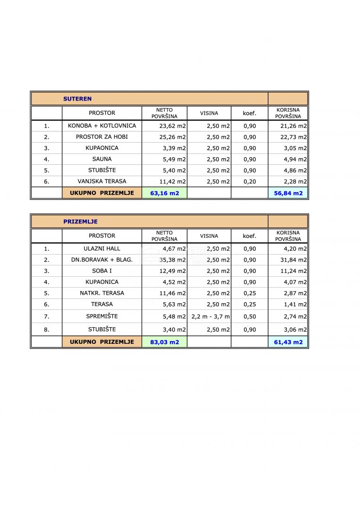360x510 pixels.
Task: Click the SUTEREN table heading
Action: click(77, 99)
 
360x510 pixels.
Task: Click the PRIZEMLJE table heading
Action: click(80, 221)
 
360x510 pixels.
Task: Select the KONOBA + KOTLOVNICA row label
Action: click(102, 126)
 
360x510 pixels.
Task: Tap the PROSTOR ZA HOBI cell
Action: click(102, 137)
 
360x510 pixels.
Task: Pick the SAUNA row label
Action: click(102, 159)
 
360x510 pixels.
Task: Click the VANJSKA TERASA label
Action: click(102, 181)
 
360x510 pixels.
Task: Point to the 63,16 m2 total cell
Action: click(164, 193)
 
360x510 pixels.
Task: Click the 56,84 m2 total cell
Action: click(288, 193)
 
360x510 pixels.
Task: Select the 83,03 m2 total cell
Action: click(164, 342)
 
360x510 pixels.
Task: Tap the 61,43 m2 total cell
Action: click(288, 342)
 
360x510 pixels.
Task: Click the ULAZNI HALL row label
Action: click(102, 248)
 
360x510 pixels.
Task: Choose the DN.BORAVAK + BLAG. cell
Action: click(102, 260)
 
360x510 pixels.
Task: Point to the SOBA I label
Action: click(102, 271)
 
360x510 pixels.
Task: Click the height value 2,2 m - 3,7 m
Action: click(210, 316)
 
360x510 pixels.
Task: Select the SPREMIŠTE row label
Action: click(102, 316)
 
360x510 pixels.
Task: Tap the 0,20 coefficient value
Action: click(250, 181)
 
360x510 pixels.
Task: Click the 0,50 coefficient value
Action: click(250, 316)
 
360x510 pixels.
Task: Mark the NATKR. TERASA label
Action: click(102, 293)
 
